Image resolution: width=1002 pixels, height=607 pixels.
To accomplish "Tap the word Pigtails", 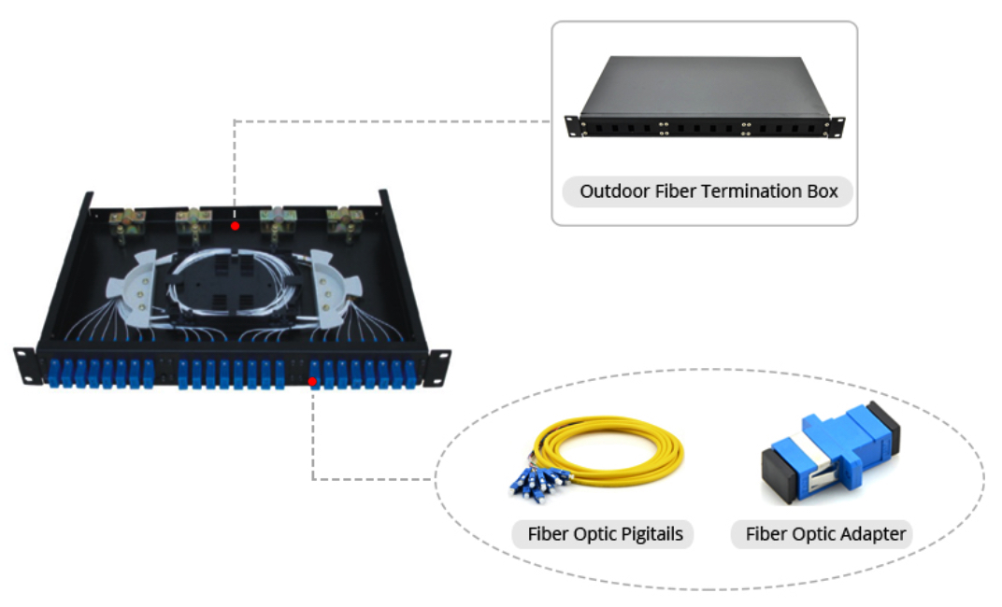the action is (x=651, y=534).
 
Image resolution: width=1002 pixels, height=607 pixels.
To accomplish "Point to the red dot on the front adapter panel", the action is (x=312, y=382).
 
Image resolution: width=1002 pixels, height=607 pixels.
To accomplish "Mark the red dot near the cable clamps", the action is (x=236, y=226).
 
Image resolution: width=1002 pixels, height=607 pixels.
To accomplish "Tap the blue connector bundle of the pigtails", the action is (x=540, y=483).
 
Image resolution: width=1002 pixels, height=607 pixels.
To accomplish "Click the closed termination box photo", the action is (x=704, y=97).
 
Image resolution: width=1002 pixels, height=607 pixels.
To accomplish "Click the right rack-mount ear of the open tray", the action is (x=439, y=367).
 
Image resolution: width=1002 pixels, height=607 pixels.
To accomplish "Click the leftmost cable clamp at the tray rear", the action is (x=126, y=225).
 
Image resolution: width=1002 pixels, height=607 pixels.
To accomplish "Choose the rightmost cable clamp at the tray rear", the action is (x=345, y=223).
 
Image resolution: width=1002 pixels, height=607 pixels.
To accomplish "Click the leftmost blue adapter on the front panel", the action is (x=53, y=374).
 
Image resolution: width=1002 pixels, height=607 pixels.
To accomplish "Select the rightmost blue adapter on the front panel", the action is (x=410, y=374).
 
